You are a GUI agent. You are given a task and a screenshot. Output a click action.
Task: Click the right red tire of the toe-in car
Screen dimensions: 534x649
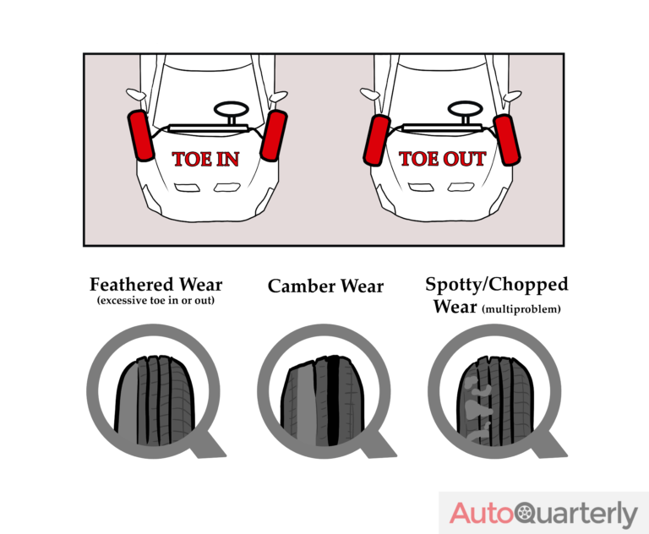273,135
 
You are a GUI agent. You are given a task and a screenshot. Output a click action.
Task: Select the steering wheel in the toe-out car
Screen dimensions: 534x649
461,111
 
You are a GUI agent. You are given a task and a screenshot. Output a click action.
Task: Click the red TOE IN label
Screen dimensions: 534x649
205,159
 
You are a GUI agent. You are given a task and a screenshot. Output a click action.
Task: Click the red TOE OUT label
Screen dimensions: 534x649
442,159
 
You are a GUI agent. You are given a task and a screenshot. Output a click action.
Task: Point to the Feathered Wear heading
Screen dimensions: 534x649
155,284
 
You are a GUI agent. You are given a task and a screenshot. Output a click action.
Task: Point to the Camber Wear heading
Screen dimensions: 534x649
325,286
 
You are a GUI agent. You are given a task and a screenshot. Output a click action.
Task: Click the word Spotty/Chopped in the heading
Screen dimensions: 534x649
496,285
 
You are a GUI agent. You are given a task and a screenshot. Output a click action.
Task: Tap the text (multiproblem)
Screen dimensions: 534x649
521,309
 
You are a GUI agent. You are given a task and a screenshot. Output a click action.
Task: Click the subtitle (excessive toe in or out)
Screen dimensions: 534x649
155,302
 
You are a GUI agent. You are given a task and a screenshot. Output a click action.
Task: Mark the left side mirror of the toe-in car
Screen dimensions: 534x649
134,94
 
